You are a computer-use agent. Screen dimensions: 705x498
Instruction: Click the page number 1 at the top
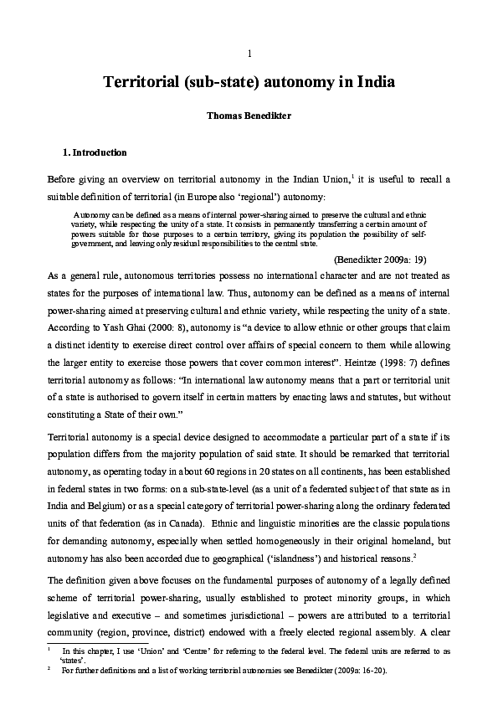point(249,54)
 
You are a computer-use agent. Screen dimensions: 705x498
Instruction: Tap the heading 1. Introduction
point(95,153)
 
